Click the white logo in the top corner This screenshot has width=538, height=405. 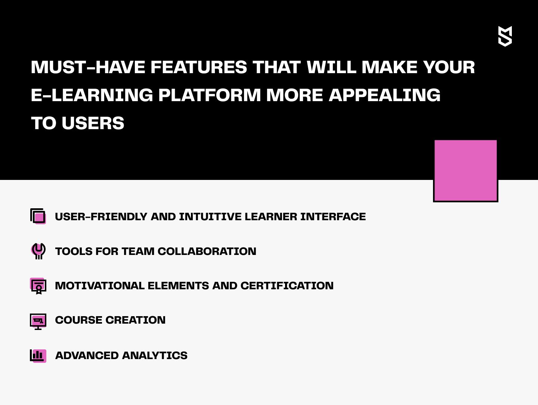pyautogui.click(x=505, y=36)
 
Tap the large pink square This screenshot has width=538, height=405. pyautogui.click(x=466, y=171)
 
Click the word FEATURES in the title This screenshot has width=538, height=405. pyautogui.click(x=199, y=67)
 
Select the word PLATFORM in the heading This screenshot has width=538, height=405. pyautogui.click(x=210, y=95)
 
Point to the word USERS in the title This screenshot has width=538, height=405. pyautogui.click(x=93, y=123)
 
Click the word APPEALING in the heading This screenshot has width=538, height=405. pyautogui.click(x=384, y=95)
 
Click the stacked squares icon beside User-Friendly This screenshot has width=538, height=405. pyautogui.click(x=38, y=216)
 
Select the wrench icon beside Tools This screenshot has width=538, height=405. pyautogui.click(x=38, y=251)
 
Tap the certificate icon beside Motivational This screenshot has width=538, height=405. pyautogui.click(x=38, y=286)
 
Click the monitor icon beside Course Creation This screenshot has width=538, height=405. pyautogui.click(x=38, y=321)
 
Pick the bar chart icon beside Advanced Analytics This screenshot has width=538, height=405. pyautogui.click(x=38, y=356)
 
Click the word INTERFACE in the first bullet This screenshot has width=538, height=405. pyautogui.click(x=333, y=217)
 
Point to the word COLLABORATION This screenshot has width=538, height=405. pyautogui.click(x=207, y=251)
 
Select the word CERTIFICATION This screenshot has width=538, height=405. pyautogui.click(x=287, y=286)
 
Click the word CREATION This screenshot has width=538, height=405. pyautogui.click(x=136, y=320)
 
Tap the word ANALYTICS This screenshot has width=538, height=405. pyautogui.click(x=155, y=355)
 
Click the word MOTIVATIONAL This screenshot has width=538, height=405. pyautogui.click(x=100, y=286)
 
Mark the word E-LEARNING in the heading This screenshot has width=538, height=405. pyautogui.click(x=92, y=95)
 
